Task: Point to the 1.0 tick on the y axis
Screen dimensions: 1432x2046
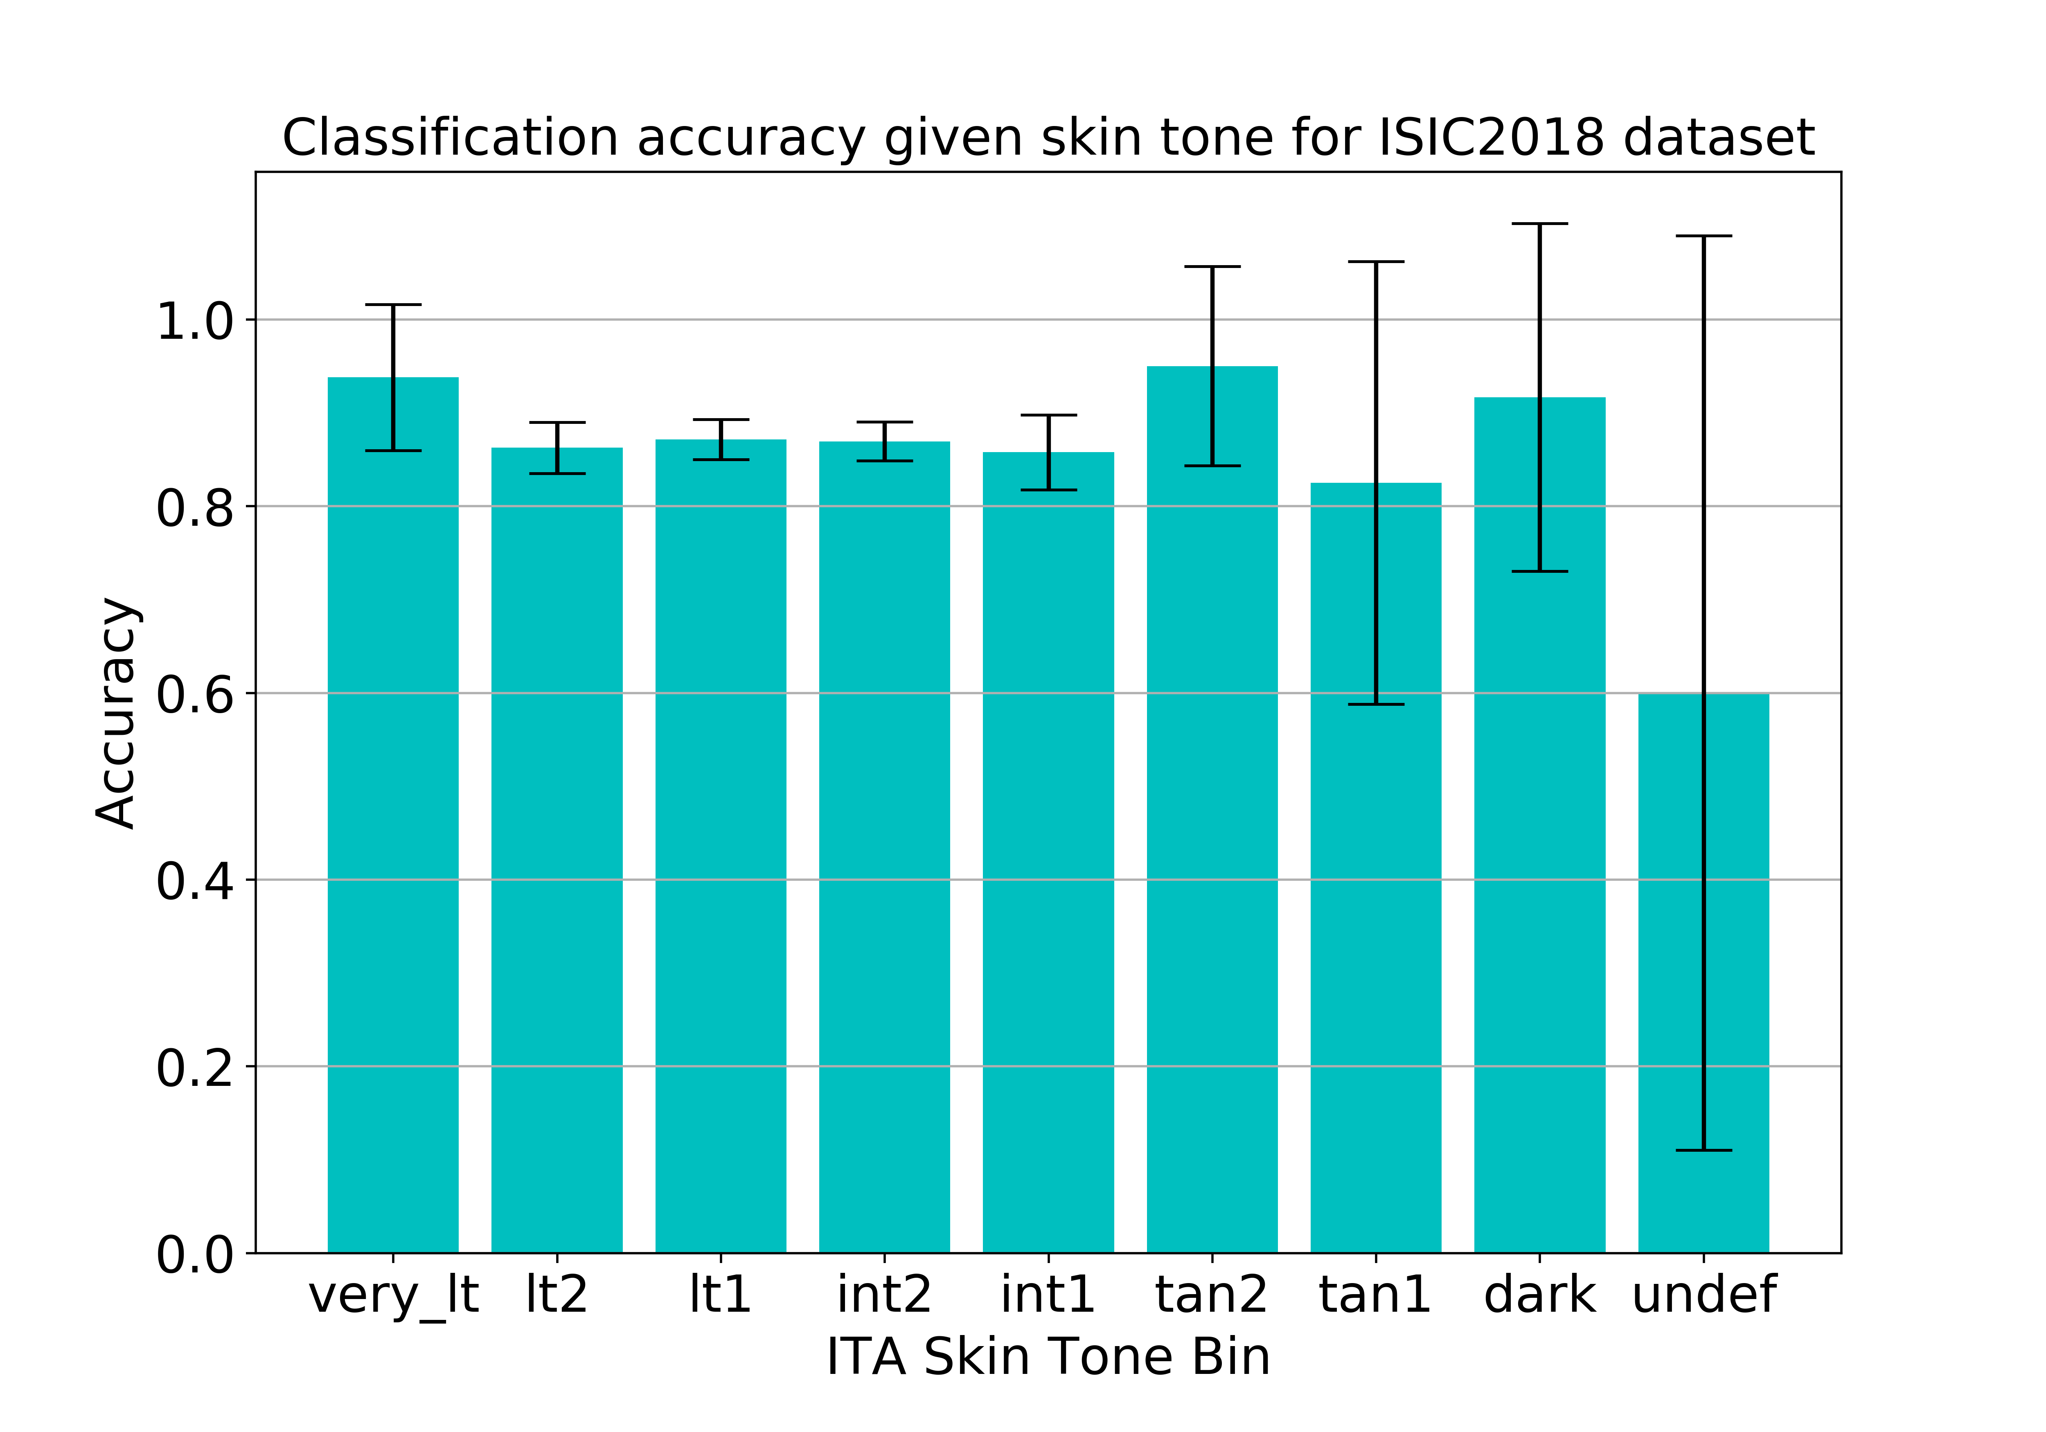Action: click(194, 321)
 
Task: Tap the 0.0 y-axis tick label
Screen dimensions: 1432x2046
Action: click(194, 1255)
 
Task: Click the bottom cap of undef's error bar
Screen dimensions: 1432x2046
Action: click(1703, 1151)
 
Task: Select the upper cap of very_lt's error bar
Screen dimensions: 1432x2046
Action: click(393, 305)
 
